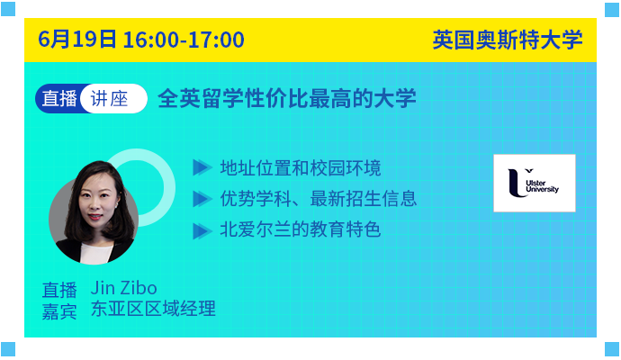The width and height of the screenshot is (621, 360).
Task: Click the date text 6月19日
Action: (77, 40)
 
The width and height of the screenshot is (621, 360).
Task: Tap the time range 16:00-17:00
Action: (184, 40)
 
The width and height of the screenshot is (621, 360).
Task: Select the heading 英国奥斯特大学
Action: (508, 40)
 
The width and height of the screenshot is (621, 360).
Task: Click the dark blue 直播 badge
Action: (59, 99)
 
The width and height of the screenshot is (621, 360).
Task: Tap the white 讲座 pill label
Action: (113, 99)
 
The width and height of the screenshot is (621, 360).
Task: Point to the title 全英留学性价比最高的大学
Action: (287, 99)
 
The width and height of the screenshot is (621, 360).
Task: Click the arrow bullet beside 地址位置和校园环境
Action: (202, 167)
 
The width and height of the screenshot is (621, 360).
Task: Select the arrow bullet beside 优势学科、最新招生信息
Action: (202, 199)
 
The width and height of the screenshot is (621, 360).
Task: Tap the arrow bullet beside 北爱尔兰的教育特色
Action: (202, 231)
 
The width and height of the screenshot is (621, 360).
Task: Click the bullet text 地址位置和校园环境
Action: (301, 168)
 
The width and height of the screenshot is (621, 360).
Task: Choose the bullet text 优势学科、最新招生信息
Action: (318, 199)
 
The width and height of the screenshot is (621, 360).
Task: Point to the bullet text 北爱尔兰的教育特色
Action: (301, 229)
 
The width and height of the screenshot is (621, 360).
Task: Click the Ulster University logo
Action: (535, 183)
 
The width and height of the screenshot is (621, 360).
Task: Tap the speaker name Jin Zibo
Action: (123, 288)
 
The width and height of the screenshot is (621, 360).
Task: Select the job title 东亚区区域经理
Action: (153, 309)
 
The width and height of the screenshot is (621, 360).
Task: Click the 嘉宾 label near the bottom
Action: (59, 311)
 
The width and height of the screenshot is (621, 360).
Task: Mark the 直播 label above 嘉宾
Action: (59, 290)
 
